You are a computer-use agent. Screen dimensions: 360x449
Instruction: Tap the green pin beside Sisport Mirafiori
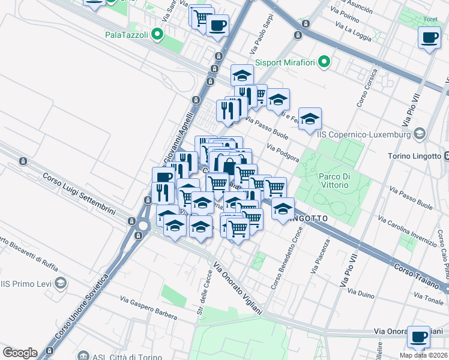coord(324,61)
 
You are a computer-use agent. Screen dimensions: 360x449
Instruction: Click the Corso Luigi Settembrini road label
coord(87,196)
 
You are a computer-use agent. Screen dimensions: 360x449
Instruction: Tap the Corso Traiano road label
coord(420,274)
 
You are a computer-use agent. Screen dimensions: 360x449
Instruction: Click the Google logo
coord(20,352)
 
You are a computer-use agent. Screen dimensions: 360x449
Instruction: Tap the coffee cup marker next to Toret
coord(429,38)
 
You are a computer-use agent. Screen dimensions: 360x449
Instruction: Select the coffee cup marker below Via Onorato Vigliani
coord(418,336)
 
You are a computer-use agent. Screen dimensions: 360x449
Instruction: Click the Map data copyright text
coord(424,355)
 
